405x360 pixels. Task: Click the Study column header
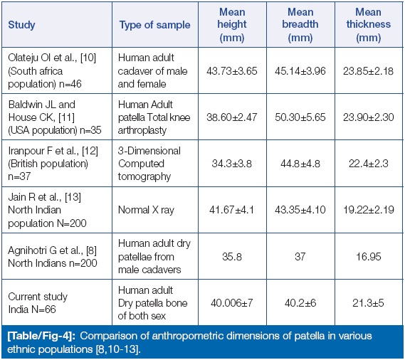tap(21, 25)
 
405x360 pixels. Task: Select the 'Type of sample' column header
tap(154, 25)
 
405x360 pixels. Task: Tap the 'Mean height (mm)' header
tap(232, 25)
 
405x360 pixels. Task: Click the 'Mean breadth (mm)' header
tap(300, 25)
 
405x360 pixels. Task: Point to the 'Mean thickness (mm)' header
tap(368, 25)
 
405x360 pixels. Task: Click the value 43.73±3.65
tap(232, 71)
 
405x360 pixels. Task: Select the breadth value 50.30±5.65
tap(300, 117)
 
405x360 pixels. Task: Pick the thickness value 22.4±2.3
tap(368, 164)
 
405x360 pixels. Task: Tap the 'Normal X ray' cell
tap(146, 210)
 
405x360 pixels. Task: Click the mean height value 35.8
tap(232, 256)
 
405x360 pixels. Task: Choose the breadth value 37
tap(300, 256)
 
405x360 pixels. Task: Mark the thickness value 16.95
tap(368, 256)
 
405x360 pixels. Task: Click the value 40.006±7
tap(232, 302)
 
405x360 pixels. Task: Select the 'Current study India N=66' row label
tap(38, 302)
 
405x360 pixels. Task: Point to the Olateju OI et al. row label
tap(52, 70)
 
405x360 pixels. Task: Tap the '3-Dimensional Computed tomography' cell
tap(149, 164)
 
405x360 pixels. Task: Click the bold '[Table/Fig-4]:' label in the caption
tap(41, 336)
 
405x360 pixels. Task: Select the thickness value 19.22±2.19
tap(368, 210)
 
